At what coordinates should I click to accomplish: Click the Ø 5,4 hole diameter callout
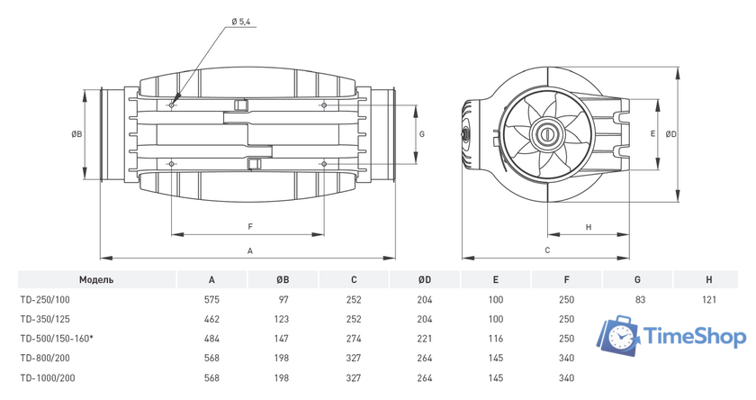coord(240,22)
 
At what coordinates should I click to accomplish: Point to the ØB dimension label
coord(76,134)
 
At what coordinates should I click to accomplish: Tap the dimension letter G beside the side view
coord(422,134)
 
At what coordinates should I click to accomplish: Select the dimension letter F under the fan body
coord(250,226)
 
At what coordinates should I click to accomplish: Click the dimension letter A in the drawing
coord(250,251)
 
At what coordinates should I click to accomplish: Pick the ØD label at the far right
coord(671,134)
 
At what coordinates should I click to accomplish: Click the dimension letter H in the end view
coord(589,227)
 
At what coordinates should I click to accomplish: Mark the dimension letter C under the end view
coord(547,250)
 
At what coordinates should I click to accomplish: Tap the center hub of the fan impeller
coord(547,133)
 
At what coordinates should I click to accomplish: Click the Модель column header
coord(96,280)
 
